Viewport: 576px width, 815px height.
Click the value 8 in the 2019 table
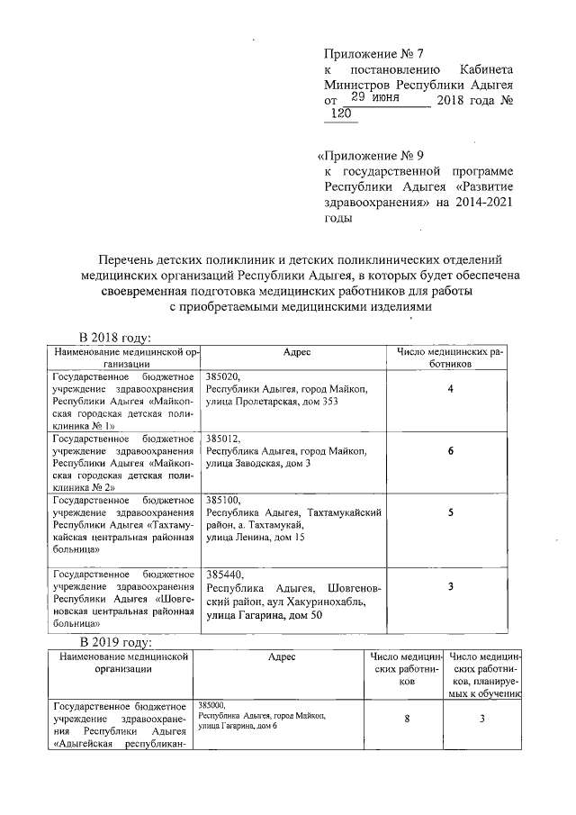pos(407,719)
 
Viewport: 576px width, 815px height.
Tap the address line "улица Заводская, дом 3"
pos(258,463)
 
